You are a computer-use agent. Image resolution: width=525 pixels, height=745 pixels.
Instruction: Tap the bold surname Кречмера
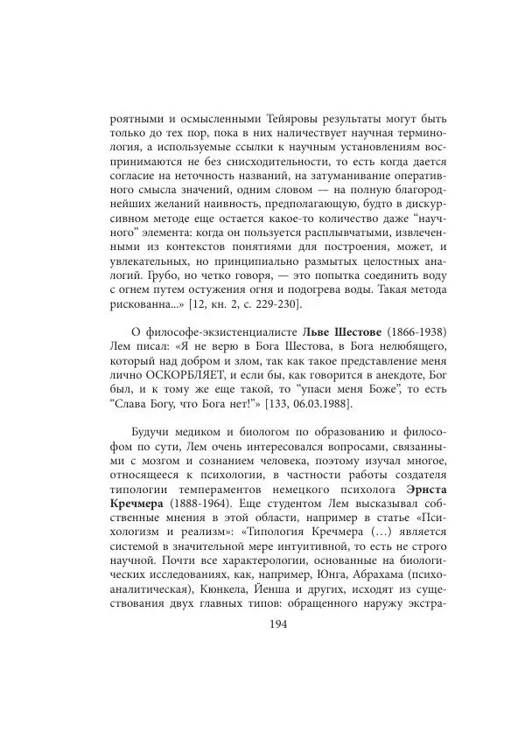(x=144, y=522)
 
